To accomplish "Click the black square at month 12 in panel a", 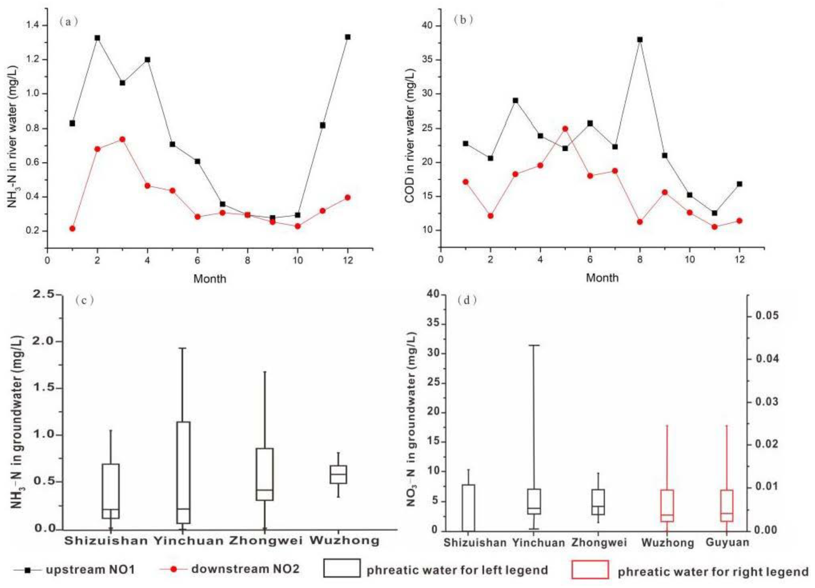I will [x=348, y=37].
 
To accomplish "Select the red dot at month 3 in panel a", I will [x=122, y=139].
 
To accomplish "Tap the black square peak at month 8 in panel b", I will [x=640, y=39].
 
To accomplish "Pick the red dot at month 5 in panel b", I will [x=565, y=129].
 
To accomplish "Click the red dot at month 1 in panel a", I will [x=72, y=228].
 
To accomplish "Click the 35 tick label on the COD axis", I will [x=428, y=60].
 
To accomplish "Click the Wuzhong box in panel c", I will [x=338, y=474].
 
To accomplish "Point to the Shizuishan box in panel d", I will [x=468, y=507].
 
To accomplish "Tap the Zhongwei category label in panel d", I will [x=599, y=542].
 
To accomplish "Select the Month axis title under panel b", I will [x=602, y=277].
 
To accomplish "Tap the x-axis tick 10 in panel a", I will [x=297, y=260].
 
